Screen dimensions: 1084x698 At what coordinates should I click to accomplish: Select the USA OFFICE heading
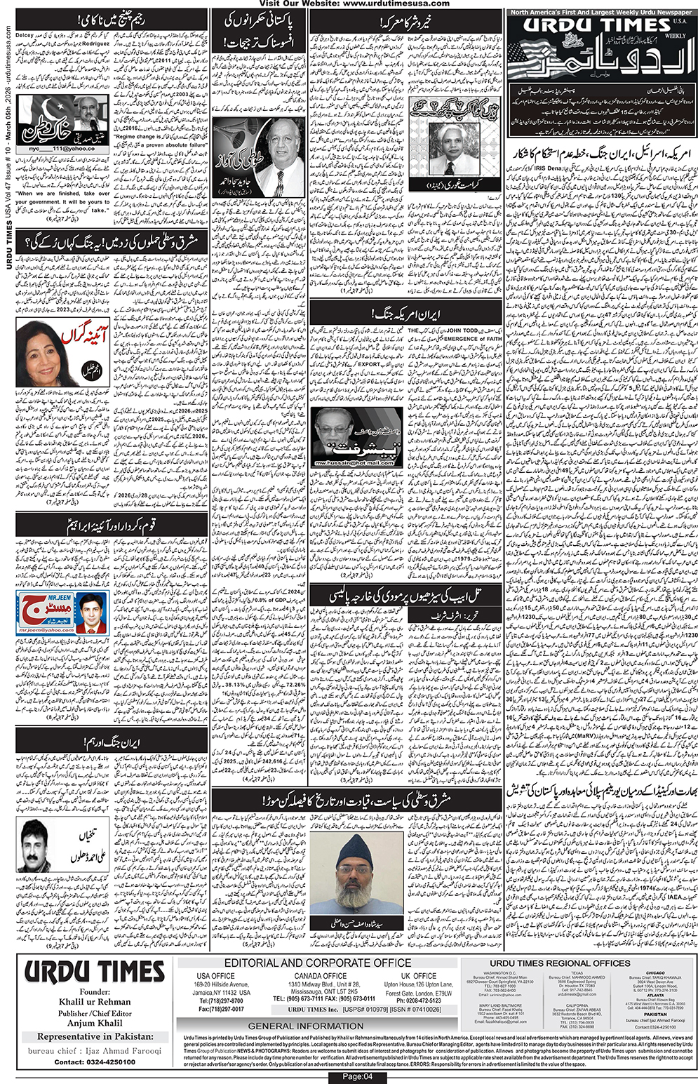(216, 976)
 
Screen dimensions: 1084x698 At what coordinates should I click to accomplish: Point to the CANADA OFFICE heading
(321, 976)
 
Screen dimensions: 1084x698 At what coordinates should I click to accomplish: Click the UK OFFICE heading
(420, 976)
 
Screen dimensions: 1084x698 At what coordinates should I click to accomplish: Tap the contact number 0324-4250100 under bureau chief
(95, 1062)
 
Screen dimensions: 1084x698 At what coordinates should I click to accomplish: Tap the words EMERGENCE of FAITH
(474, 338)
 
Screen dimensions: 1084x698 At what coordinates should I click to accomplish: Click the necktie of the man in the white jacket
(278, 181)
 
